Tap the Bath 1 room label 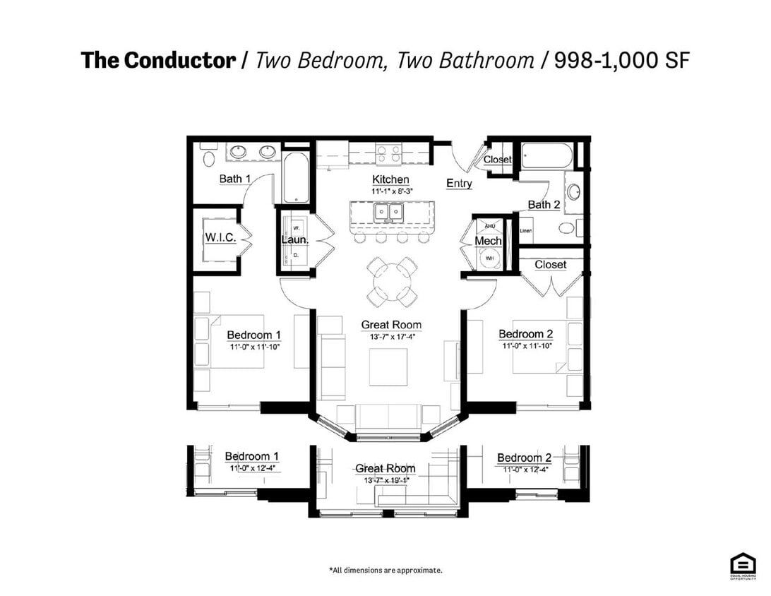234,179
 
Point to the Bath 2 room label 544,205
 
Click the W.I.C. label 220,237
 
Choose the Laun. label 294,239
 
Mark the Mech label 487,241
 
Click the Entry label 459,184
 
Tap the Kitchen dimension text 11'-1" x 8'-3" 390,191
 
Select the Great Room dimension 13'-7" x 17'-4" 390,337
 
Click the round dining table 390,280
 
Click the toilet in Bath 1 210,157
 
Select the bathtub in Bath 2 547,155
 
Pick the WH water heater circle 489,259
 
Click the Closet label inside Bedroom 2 550,264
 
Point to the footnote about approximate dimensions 385,569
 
